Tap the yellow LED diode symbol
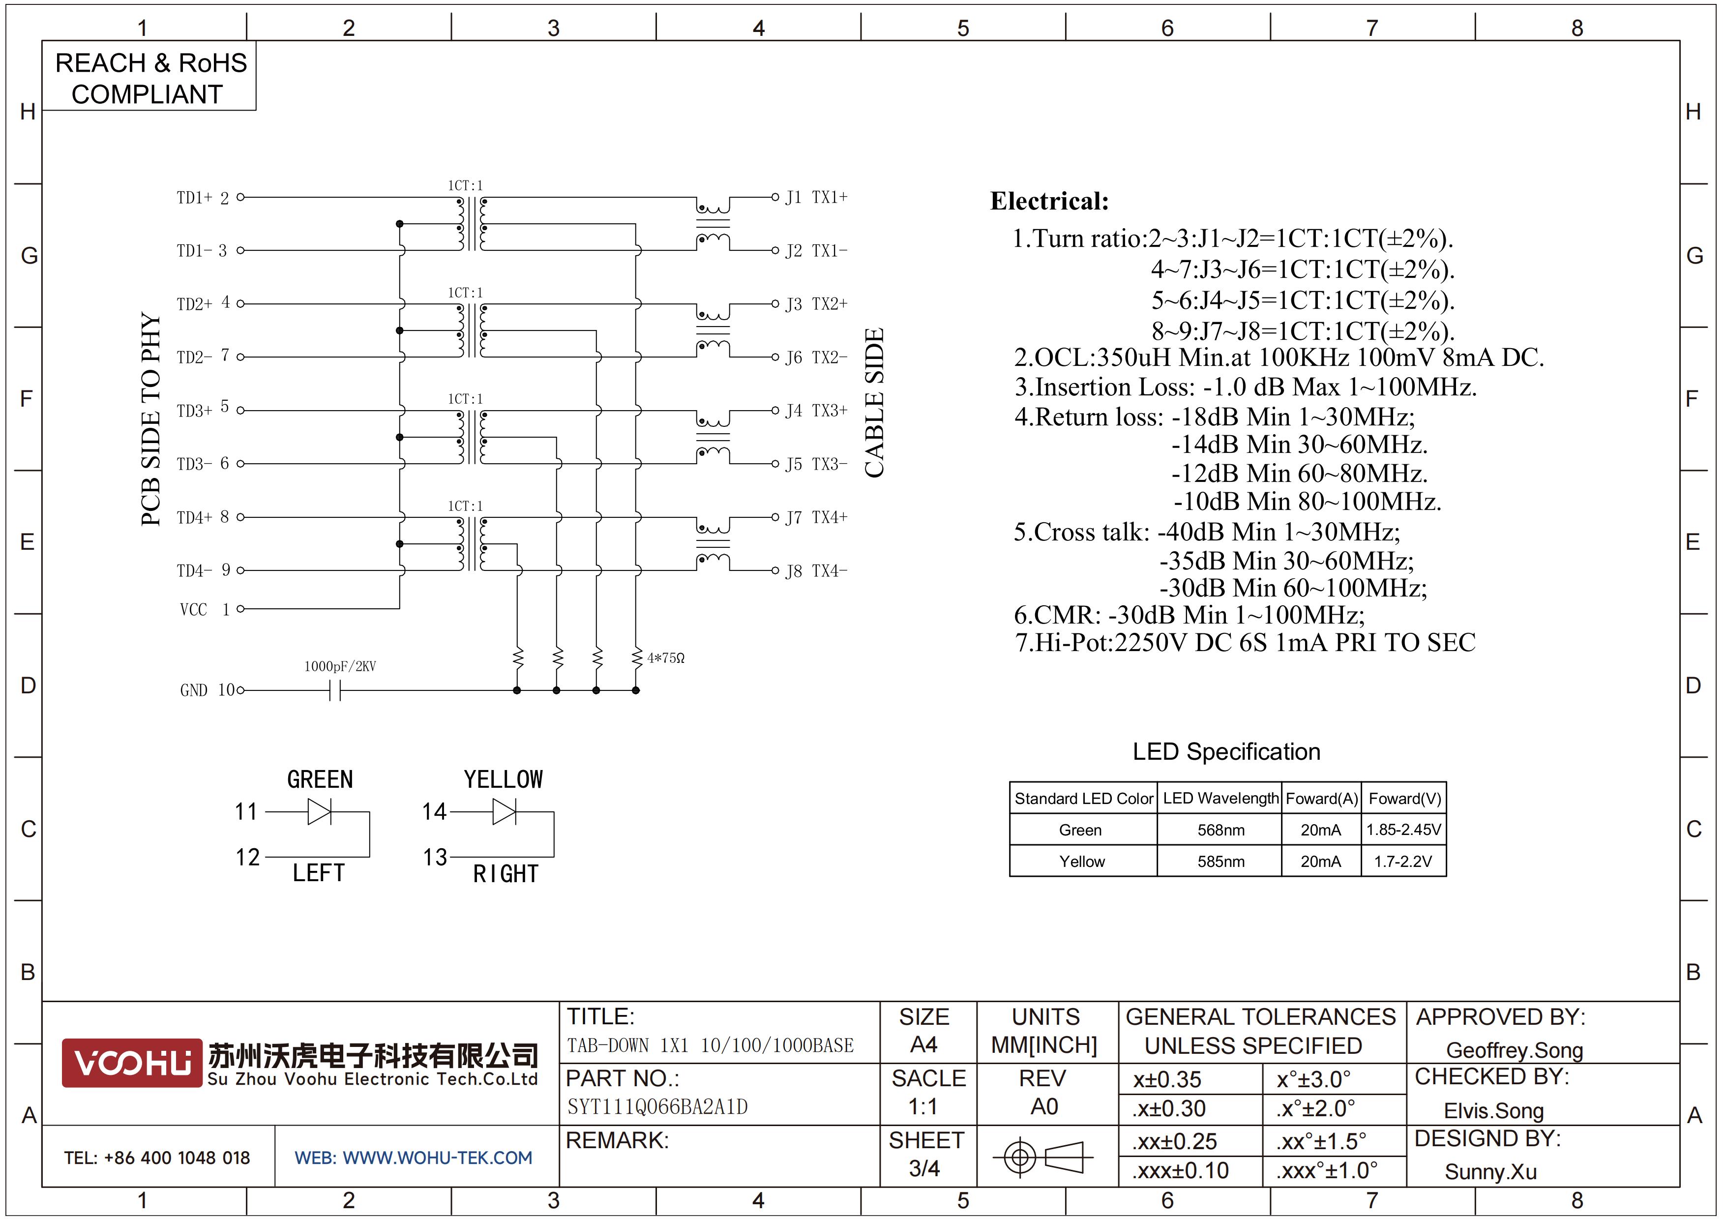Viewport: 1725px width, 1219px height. (x=504, y=812)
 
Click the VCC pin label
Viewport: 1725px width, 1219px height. (x=193, y=609)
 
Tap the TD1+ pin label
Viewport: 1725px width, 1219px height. (x=194, y=198)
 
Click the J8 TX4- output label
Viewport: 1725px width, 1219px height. (x=816, y=571)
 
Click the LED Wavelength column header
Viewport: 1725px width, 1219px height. (x=1220, y=799)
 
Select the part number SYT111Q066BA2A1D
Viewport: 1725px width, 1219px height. (x=657, y=1107)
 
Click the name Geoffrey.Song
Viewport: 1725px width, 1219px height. (x=1514, y=1050)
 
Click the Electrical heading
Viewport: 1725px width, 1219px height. (x=1049, y=201)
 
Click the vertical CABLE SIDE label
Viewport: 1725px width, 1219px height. (x=874, y=403)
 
